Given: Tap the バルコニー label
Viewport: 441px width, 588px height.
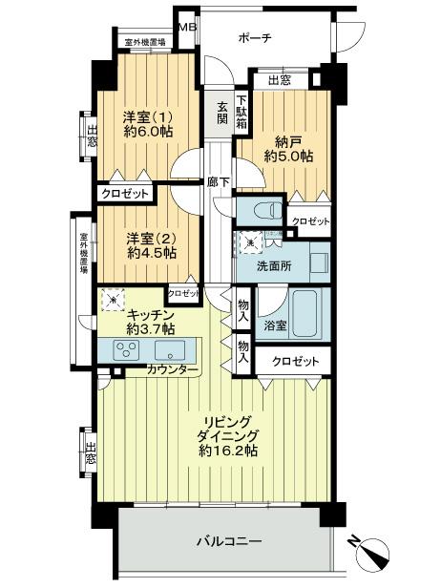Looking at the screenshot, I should (229, 541).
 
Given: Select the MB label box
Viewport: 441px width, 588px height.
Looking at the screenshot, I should (187, 26).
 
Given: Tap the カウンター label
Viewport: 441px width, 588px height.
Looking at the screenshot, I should (173, 369).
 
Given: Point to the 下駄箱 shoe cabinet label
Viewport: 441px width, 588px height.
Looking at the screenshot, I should (243, 110).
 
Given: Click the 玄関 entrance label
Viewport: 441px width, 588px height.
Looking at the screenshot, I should (221, 112).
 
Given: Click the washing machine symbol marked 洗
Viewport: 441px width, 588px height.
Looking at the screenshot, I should (249, 243).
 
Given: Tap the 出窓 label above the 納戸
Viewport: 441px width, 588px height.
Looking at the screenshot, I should (279, 81).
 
